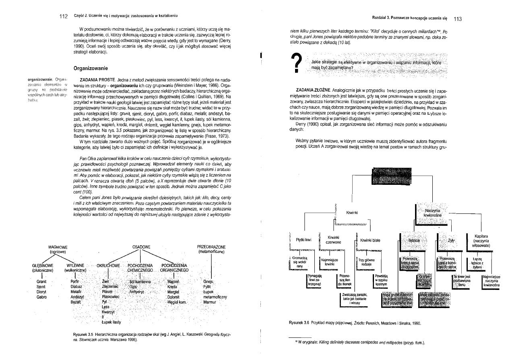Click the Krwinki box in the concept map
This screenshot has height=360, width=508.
[352, 213]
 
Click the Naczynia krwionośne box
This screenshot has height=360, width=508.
[433, 212]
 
